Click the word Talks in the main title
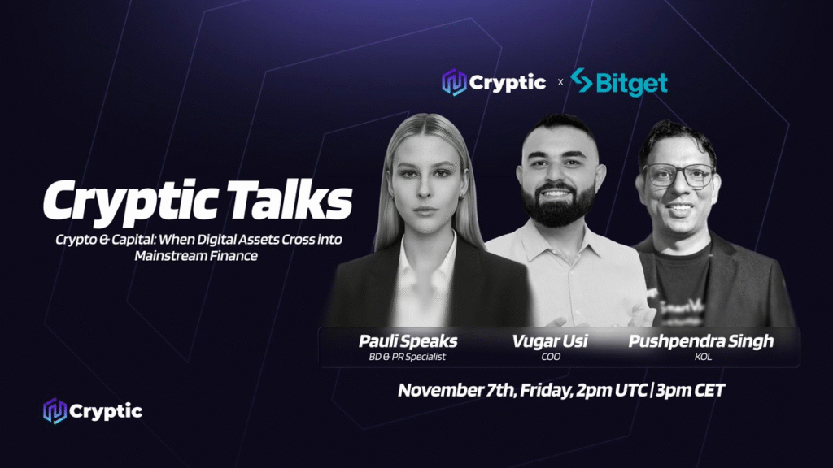291,200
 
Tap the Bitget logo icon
581,80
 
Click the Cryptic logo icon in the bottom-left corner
55,411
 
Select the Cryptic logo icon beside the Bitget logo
454,82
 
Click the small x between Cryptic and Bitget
560,82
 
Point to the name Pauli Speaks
408,341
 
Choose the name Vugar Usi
550,341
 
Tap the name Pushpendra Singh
701,341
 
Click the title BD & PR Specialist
407,357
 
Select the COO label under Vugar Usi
551,357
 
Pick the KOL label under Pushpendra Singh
703,357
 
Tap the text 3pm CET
690,390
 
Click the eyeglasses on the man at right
678,175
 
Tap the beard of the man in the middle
558,204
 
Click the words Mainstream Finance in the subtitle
196,256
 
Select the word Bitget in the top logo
631,84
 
